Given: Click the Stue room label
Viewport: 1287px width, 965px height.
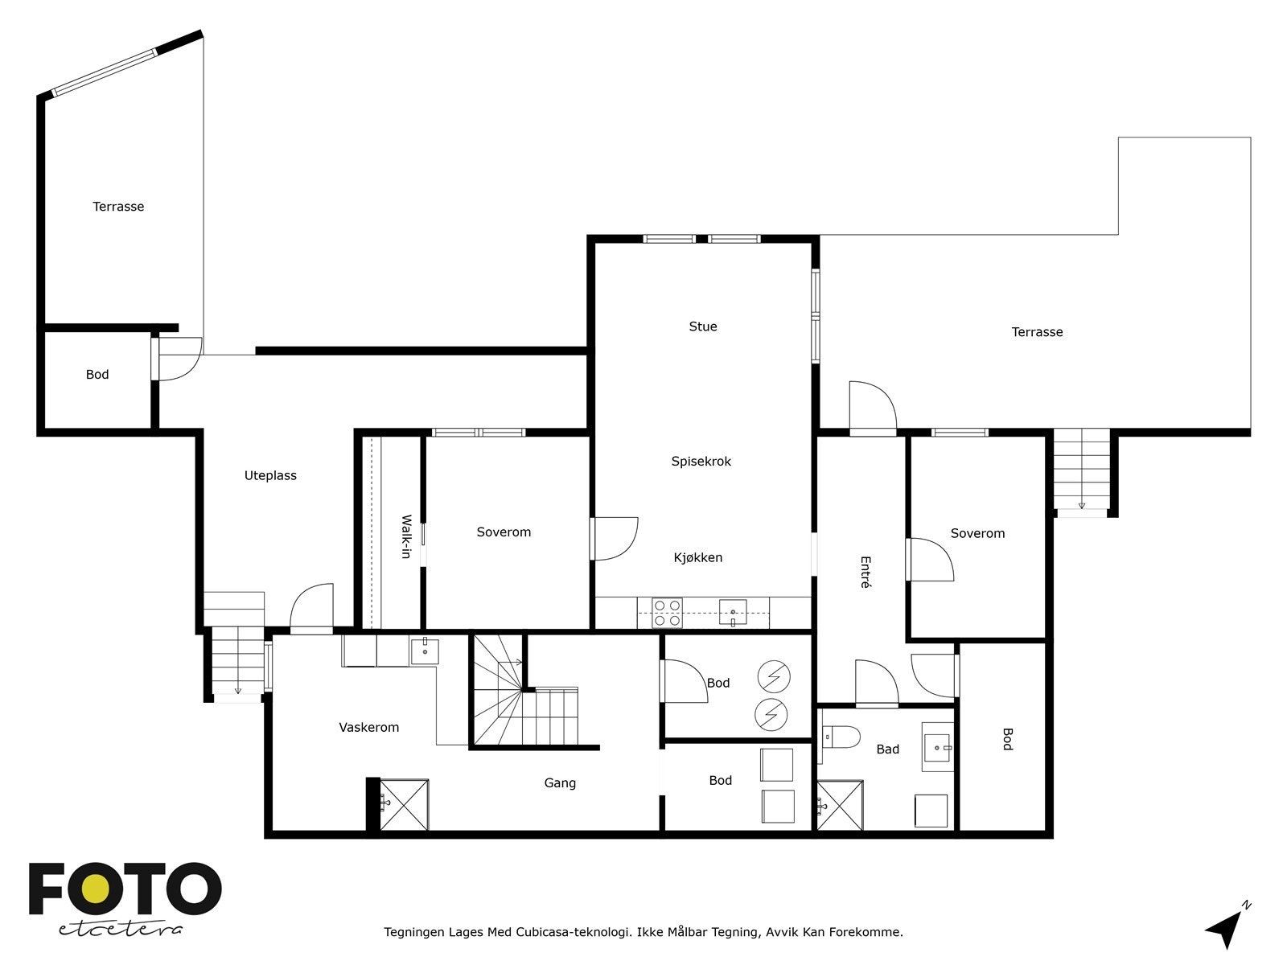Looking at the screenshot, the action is tap(702, 326).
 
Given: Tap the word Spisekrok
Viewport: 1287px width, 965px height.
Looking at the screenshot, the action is tap(701, 461).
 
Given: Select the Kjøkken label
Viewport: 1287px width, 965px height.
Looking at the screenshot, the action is tap(697, 557).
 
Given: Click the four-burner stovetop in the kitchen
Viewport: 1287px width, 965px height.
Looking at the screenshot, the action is tap(668, 612).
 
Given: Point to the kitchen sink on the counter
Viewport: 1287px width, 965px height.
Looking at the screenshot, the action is tap(733, 612).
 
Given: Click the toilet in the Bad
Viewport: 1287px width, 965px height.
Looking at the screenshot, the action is tap(841, 737).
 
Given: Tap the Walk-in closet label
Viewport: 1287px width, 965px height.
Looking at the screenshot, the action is tap(405, 536).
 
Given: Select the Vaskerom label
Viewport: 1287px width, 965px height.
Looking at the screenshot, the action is tap(368, 727).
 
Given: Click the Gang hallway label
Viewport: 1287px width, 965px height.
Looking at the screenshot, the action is tap(560, 782).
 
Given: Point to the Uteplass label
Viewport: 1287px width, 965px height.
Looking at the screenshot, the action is tap(270, 475).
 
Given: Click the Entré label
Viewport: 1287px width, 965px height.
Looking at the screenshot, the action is tap(866, 572).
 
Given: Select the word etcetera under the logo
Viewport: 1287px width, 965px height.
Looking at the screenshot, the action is tap(120, 930).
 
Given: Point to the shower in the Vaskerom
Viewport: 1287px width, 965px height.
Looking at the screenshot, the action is tap(404, 804).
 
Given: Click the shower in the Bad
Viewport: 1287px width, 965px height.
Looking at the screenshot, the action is tap(840, 805).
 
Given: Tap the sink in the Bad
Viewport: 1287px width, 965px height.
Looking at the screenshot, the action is tap(937, 747).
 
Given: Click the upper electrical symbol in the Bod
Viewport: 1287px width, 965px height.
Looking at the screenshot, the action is tap(773, 677).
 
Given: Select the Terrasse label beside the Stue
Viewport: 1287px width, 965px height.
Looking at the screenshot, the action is tap(1037, 331).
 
